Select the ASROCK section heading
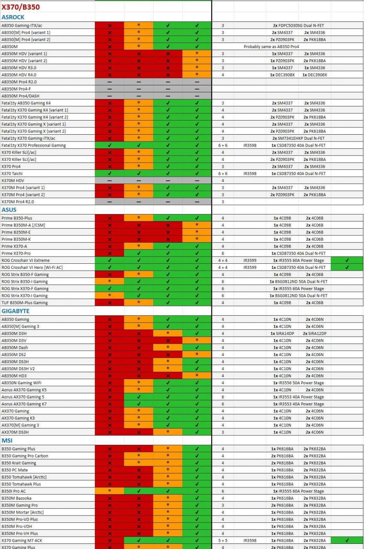click(13, 17)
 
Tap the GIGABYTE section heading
click(15, 311)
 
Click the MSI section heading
click(7, 440)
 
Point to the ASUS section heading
click(9, 210)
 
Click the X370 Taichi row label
click(12, 173)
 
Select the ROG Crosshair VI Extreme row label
click(25, 260)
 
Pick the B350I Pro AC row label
click(13, 491)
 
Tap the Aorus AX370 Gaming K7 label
click(24, 404)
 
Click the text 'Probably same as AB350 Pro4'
click(271, 47)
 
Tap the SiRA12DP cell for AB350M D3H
click(315, 333)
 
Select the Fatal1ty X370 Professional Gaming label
click(33, 145)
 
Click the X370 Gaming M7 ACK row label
click(22, 540)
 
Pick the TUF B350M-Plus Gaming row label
click(24, 303)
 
